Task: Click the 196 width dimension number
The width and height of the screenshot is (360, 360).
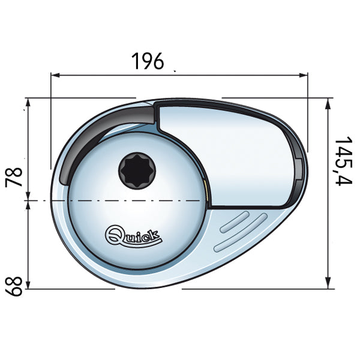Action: click(146, 60)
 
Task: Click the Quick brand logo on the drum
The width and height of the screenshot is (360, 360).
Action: click(133, 234)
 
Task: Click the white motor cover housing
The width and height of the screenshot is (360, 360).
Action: click(234, 150)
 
